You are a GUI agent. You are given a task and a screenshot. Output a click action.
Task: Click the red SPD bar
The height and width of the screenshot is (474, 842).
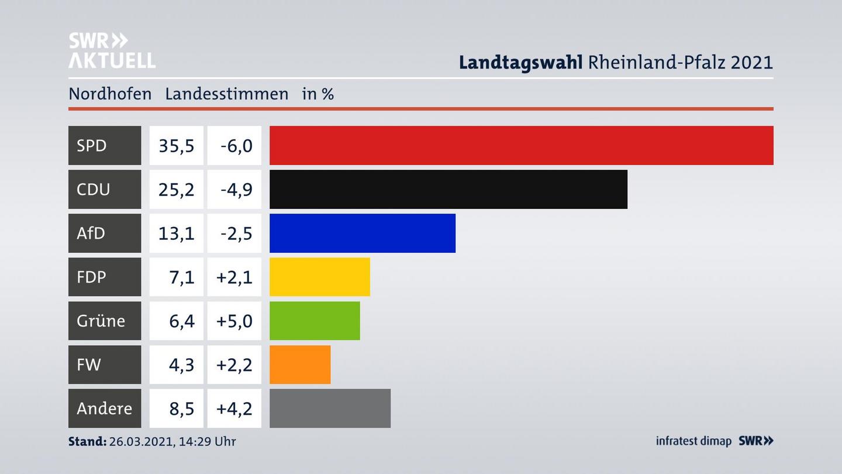[x=521, y=145]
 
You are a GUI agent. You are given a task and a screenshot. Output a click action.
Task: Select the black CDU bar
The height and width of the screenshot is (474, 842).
[x=448, y=189]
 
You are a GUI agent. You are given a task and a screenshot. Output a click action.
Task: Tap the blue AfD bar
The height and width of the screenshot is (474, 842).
[x=362, y=233]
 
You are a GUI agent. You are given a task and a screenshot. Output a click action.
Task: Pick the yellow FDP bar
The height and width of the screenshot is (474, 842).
[x=319, y=277]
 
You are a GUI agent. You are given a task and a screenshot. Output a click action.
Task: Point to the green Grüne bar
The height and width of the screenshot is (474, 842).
[x=315, y=321]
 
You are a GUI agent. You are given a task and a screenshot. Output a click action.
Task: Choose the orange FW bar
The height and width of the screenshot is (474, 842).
[x=300, y=365]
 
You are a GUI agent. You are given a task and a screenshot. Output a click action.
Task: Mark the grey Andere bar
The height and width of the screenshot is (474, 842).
[x=330, y=408]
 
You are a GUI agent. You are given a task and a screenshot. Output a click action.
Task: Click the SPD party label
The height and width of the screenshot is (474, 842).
[x=92, y=145]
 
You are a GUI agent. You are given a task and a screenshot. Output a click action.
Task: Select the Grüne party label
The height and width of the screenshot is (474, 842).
[x=101, y=321]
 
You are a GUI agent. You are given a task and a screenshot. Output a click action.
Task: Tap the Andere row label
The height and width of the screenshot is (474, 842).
[x=104, y=408]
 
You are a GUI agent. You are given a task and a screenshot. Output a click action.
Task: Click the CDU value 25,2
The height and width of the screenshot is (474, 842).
[x=176, y=189]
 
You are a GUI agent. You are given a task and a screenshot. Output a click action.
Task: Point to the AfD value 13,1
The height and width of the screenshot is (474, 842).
[x=176, y=233]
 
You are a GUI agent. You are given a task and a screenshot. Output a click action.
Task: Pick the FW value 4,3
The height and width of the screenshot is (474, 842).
[x=181, y=365]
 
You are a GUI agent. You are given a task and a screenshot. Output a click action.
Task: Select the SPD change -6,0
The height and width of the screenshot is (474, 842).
[x=236, y=145]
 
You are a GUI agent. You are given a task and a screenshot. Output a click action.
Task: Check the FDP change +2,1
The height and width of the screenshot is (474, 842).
[x=234, y=277]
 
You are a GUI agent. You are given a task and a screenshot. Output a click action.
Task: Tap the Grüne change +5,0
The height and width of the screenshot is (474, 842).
[x=234, y=321]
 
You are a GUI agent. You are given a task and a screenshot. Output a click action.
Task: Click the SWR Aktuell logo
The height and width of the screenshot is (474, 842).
[x=112, y=50]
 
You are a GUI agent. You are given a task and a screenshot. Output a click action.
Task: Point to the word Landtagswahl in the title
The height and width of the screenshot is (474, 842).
[x=520, y=62]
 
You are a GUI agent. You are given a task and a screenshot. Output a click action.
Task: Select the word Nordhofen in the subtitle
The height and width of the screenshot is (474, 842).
[x=110, y=94]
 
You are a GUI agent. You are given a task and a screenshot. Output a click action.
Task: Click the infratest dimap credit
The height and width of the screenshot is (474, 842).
[x=693, y=441]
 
